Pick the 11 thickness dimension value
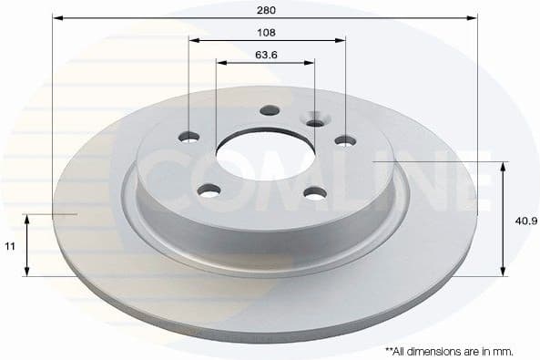[x=11, y=245]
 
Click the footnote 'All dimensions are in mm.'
[x=449, y=350]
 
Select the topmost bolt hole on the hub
[x=268, y=111]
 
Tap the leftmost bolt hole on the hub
[x=189, y=138]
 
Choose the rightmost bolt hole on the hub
[x=345, y=140]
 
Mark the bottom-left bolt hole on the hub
[x=209, y=190]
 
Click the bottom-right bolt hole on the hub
[x=315, y=192]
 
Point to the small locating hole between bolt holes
[x=315, y=123]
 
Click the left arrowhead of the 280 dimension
[x=56, y=17]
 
